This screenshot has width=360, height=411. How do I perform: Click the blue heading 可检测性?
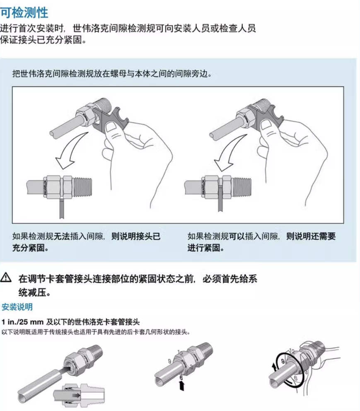pyautogui.click(x=24, y=12)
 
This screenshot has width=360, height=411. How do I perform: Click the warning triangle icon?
pyautogui.click(x=6, y=277)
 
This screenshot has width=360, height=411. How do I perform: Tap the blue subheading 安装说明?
pyautogui.click(x=17, y=306)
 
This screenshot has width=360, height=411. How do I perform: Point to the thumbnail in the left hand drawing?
pyautogui.click(x=112, y=128)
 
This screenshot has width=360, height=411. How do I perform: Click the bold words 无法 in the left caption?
pyautogui.click(x=62, y=236)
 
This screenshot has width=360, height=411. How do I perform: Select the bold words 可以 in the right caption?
pyautogui.click(x=237, y=236)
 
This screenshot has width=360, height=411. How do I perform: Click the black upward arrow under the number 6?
pyautogui.click(x=181, y=386)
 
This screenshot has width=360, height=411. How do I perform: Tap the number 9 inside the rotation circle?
pyautogui.click(x=283, y=362)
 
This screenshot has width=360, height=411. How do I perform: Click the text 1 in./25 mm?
pyautogui.click(x=22, y=321)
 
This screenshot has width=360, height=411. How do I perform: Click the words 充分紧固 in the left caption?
pyautogui.click(x=29, y=248)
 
